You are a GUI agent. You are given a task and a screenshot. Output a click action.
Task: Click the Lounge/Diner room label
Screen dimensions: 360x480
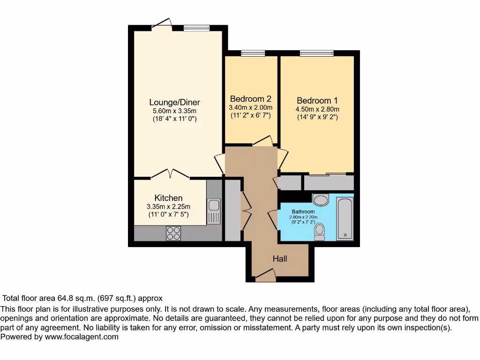174,102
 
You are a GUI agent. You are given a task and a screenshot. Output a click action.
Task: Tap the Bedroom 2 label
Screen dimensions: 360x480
250,99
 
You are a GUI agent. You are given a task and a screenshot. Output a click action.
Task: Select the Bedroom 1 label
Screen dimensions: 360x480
317,101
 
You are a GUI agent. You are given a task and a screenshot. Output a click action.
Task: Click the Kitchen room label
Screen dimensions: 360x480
168,198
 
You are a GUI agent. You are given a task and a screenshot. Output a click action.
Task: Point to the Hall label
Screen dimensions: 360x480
280,259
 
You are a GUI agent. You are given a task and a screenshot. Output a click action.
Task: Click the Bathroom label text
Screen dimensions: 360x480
303,211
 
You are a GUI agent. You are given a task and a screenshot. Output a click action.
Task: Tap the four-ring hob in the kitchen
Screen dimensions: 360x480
173,233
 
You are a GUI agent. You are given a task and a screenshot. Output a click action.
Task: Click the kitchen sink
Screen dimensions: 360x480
214,205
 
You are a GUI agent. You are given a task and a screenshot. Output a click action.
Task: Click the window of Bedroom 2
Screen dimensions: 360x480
253,53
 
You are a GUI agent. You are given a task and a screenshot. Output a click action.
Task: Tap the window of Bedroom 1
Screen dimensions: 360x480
317,53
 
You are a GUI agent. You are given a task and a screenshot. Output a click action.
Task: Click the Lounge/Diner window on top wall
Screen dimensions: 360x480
192,28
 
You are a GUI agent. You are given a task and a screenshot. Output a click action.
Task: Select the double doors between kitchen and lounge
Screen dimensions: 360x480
171,174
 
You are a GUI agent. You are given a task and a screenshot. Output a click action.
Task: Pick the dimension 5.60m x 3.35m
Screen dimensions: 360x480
174,111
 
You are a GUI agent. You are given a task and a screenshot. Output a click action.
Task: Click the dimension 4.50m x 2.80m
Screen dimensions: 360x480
317,110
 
